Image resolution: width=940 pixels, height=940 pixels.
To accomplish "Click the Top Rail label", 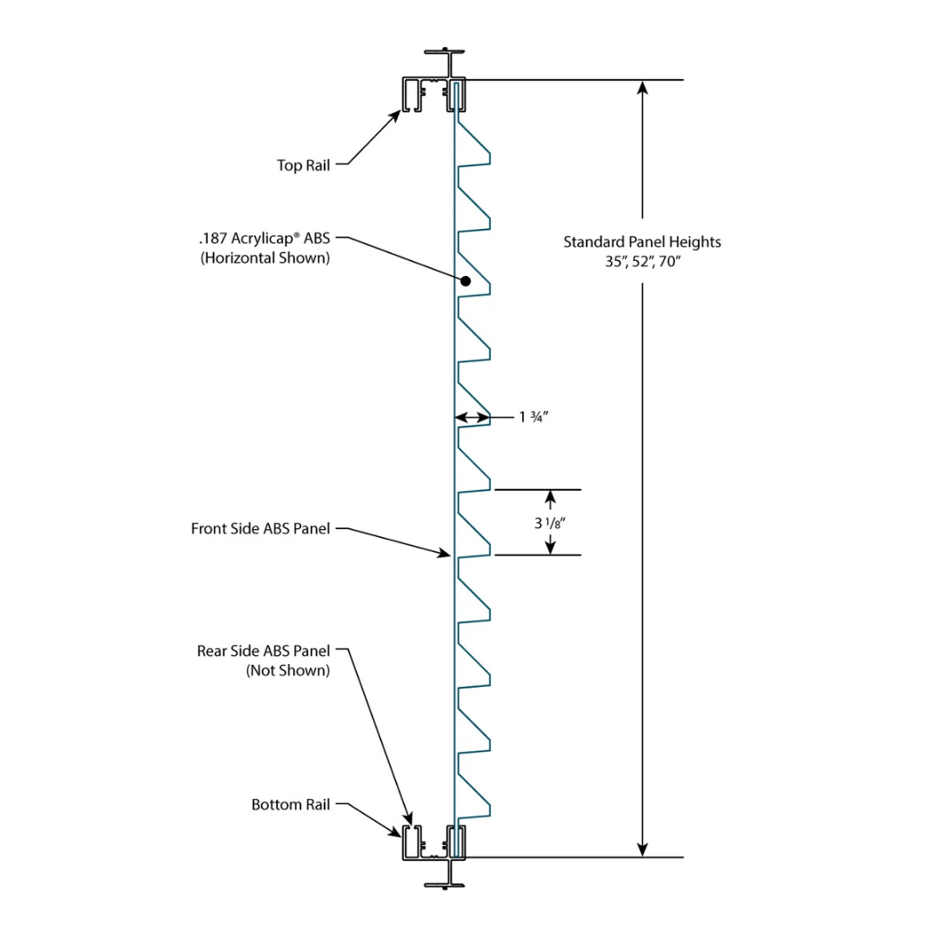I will [303, 165].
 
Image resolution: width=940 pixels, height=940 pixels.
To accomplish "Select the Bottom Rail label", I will [291, 805].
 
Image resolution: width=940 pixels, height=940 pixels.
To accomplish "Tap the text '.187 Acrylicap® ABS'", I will [264, 238].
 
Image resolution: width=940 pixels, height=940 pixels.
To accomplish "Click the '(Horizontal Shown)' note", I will [265, 258].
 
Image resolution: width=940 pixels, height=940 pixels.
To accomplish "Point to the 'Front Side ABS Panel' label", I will [260, 528].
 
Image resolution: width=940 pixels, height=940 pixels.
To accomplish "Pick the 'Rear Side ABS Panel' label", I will [263, 651].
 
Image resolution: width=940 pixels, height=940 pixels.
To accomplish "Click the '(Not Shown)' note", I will [288, 670].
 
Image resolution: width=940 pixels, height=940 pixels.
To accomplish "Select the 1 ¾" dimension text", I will [534, 418].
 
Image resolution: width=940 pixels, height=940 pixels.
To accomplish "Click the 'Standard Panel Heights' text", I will [641, 242].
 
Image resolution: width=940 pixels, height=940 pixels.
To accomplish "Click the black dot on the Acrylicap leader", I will [466, 281].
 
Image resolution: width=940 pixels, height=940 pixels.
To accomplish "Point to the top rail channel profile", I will [433, 93].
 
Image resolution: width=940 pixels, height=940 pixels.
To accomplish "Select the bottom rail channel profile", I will [433, 843].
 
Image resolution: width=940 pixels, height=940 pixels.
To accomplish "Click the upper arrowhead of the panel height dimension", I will [642, 88].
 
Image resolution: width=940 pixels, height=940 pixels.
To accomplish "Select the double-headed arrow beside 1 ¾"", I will [473, 418].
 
